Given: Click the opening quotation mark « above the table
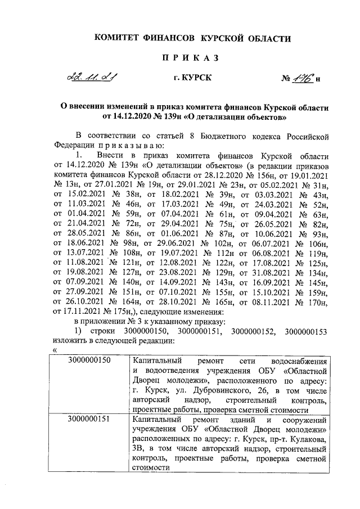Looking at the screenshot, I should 55,349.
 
